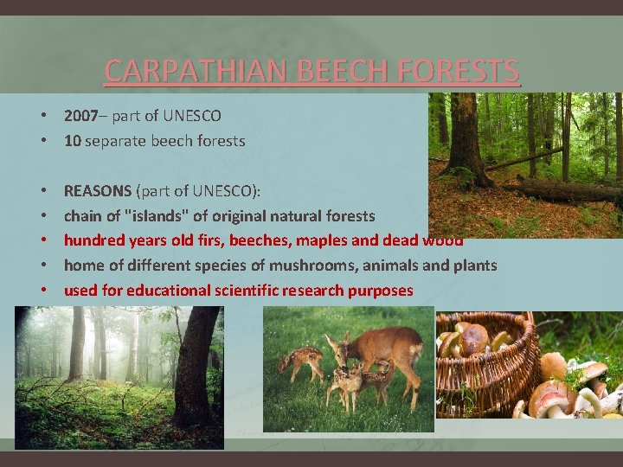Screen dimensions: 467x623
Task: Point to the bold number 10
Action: tap(73, 141)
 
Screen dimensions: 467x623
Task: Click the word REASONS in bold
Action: tap(97, 191)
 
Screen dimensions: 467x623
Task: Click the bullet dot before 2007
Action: tap(42, 116)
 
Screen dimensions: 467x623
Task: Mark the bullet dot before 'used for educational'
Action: tap(42, 291)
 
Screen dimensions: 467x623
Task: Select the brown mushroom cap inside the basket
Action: tap(472, 337)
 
